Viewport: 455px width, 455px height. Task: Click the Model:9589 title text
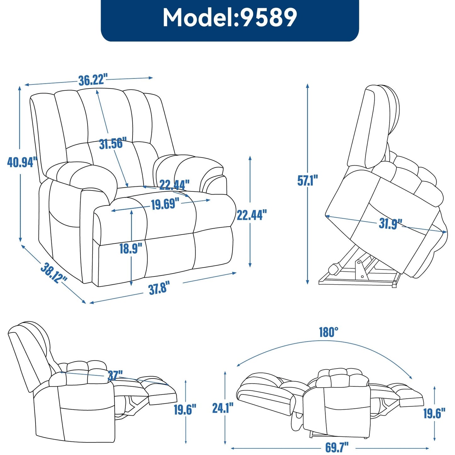(x=230, y=18)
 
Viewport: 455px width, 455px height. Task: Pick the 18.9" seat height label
(x=131, y=248)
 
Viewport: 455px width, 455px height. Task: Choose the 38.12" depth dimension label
(x=54, y=273)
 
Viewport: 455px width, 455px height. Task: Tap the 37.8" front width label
(x=159, y=288)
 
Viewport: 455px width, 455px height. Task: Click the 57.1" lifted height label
(x=308, y=180)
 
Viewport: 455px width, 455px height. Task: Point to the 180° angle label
(x=328, y=332)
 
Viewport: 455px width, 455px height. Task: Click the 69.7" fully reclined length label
(x=337, y=447)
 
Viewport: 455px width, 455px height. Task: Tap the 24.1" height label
(x=223, y=408)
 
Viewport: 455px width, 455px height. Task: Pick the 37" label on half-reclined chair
(x=115, y=375)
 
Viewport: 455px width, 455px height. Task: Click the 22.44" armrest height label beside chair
(x=252, y=215)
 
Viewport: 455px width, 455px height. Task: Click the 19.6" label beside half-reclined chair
(x=185, y=409)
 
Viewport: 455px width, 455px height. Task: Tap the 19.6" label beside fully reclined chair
(x=434, y=413)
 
